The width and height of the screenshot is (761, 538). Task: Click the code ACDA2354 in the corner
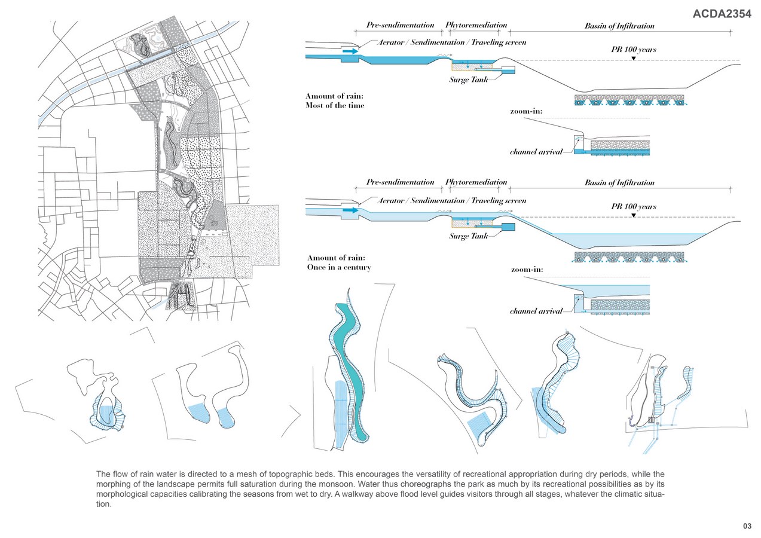point(722,14)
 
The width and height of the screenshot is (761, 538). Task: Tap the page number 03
point(747,526)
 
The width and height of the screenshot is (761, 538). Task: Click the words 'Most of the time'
point(335,106)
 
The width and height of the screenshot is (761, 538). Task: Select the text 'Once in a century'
point(339,267)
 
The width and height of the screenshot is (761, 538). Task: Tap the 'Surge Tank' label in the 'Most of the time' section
point(469,80)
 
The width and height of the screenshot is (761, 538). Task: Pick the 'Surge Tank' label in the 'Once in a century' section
point(469,236)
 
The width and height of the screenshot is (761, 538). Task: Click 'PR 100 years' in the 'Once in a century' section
point(633,207)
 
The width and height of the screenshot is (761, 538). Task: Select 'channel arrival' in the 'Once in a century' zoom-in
point(536,311)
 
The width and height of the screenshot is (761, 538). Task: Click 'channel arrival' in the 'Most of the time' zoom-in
point(536,152)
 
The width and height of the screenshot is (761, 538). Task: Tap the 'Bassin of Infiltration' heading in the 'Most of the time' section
point(619,26)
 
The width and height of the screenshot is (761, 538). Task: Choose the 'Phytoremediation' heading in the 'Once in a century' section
point(476,182)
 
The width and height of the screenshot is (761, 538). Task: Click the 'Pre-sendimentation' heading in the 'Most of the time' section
point(400,26)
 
